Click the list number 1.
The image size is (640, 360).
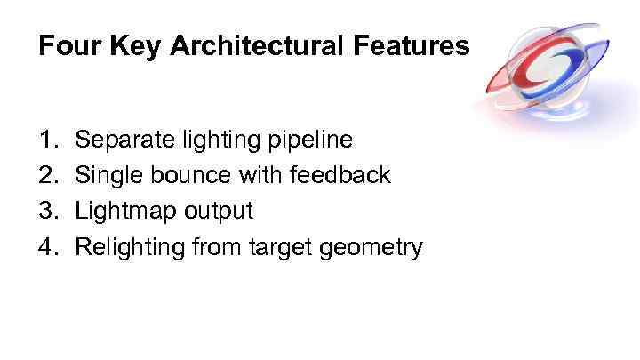[47, 140]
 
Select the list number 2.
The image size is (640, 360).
[47, 175]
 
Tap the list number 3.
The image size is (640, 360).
[47, 211]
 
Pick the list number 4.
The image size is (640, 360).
[47, 246]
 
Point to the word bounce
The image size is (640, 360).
[188, 175]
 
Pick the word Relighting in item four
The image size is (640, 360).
[132, 247]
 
